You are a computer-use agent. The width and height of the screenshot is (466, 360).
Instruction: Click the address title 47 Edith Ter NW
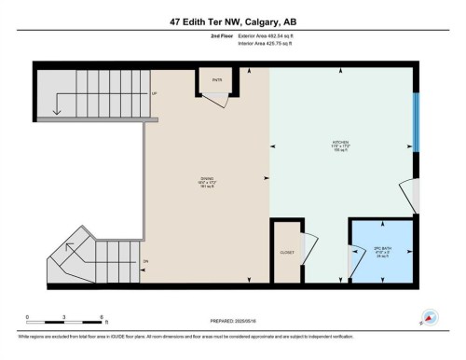[233, 21]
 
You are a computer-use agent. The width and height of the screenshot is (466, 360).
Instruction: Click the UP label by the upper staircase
[153, 94]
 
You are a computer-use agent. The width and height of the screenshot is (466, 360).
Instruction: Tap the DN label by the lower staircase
[145, 260]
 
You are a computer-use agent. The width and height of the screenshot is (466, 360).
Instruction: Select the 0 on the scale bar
[28, 317]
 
